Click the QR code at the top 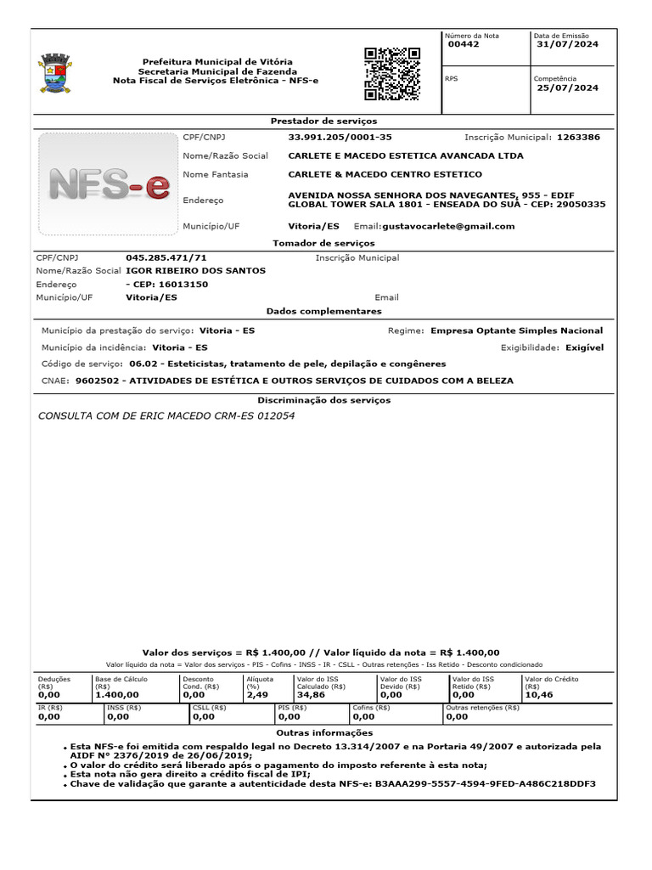click(392, 74)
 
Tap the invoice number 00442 click(464, 45)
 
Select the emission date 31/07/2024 click(568, 45)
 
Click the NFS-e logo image click(108, 184)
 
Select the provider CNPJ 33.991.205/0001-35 click(340, 137)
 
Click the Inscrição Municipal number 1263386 click(578, 137)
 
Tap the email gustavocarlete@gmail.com click(448, 226)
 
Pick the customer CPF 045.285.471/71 click(166, 257)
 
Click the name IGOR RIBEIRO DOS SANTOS click(195, 270)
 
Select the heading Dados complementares click(323, 312)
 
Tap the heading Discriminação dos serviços click(323, 399)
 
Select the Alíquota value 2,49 click(256, 695)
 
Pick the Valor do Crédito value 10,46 click(539, 695)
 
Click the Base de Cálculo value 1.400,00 click(117, 695)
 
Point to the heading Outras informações click(324, 732)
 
